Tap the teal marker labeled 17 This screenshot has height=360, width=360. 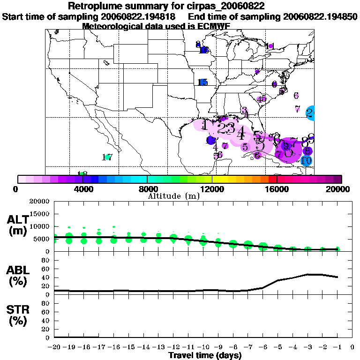point(108,157)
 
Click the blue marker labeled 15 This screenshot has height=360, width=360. point(202,82)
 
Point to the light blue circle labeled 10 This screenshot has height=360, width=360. point(307,161)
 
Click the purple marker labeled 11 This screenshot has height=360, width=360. point(269,46)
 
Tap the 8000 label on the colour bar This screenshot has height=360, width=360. point(147,189)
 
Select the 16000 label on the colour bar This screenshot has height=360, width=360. point(277,189)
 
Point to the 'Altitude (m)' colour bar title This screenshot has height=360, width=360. point(174,195)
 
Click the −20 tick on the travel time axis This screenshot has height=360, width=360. point(55,348)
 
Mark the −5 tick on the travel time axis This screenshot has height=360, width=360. point(278,348)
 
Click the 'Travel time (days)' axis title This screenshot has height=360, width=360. point(205,356)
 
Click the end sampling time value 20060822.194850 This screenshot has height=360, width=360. point(321,16)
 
